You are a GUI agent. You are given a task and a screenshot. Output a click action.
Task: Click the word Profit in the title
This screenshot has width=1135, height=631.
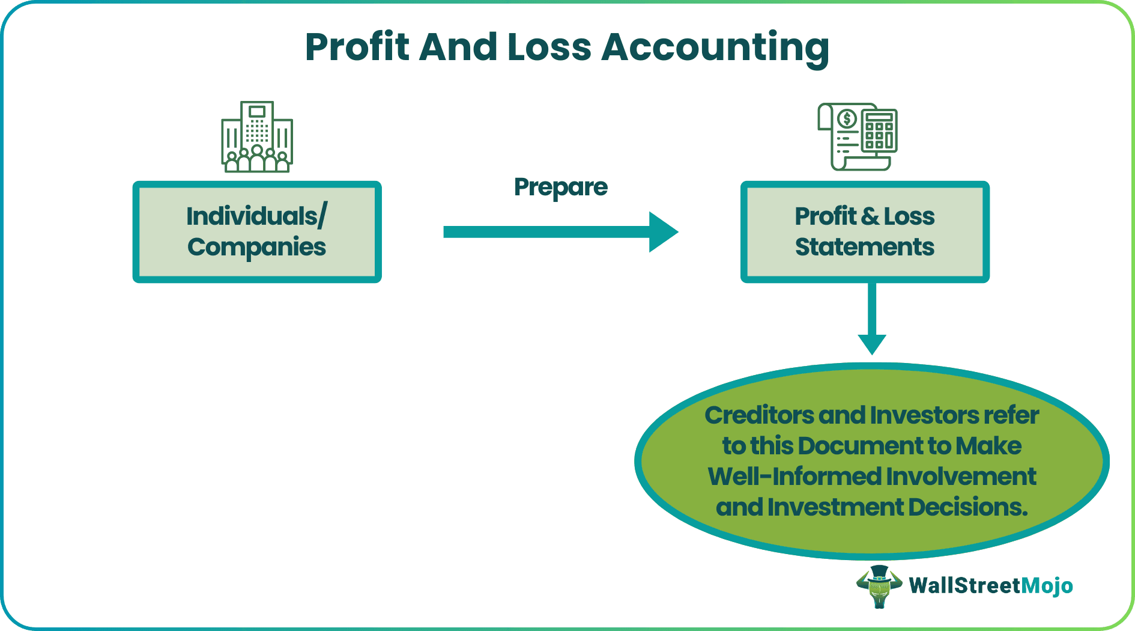tap(358, 47)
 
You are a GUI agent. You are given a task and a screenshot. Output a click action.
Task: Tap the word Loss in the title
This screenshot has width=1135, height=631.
tap(549, 47)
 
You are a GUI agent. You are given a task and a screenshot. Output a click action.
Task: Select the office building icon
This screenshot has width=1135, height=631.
tap(257, 137)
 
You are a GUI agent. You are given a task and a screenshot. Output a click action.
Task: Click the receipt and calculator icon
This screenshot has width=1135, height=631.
tap(857, 137)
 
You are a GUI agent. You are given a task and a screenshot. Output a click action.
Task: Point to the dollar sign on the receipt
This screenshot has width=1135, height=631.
tap(847, 118)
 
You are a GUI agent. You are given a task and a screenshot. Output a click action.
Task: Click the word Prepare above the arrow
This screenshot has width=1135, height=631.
tap(560, 187)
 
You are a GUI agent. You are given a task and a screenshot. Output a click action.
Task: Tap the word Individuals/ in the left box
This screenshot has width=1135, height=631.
tap(256, 216)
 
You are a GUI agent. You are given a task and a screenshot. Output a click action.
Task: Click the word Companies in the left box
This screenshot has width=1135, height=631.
tap(256, 247)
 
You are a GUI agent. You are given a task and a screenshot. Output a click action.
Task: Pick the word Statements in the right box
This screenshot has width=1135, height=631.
tap(864, 247)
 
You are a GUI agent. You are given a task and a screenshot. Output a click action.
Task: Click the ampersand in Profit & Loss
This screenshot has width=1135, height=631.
tap(869, 216)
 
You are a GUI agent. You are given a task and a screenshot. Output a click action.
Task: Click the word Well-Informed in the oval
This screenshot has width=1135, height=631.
tap(794, 477)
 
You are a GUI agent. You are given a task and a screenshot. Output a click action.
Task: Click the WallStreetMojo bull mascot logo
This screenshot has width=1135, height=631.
tap(879, 586)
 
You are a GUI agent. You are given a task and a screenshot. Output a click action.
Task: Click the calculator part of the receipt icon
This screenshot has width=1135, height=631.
tap(879, 130)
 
